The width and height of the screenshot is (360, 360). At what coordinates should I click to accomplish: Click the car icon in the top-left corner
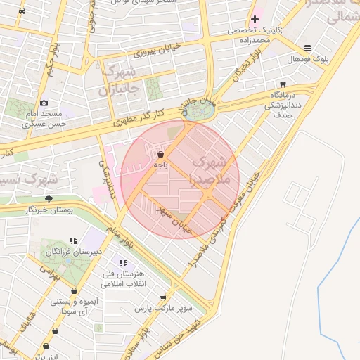point(22,12)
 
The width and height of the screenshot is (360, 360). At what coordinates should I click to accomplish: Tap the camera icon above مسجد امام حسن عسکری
point(45,103)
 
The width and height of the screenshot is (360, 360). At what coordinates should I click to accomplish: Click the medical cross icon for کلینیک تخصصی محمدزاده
point(255,19)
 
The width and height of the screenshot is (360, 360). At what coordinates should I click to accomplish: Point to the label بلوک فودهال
point(303,59)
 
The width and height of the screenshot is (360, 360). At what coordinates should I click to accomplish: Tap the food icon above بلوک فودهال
point(308,48)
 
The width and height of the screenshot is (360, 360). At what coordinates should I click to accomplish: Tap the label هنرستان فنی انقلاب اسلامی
point(122,279)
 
